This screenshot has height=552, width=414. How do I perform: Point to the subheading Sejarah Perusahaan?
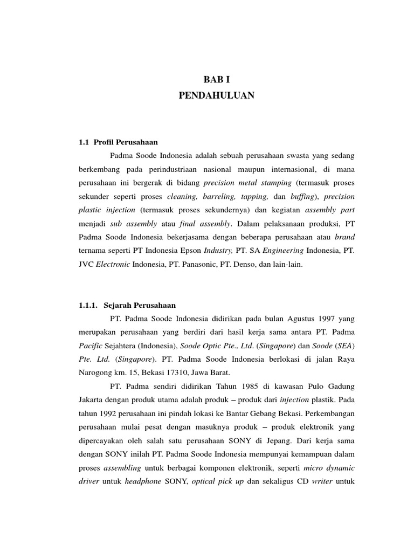pos(140,305)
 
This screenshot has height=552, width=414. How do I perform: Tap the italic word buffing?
pos(302,196)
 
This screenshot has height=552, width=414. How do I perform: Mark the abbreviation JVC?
pos(86,264)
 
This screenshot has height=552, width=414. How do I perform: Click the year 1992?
pos(112,413)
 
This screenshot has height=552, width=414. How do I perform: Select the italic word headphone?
pos(143,481)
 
